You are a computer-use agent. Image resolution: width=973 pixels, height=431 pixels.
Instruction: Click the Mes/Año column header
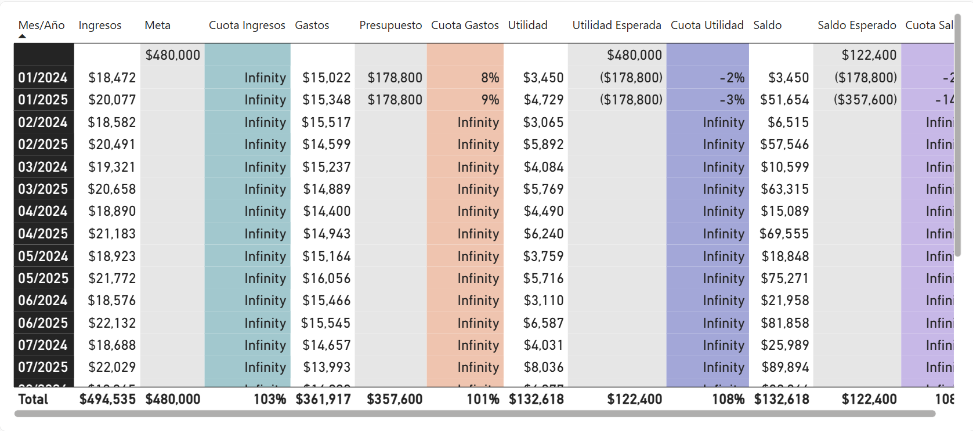[x=41, y=25]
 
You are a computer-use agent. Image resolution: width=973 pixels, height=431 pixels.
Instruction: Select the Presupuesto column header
[x=390, y=25]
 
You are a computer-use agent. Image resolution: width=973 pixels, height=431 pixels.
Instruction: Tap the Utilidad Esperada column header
[x=616, y=25]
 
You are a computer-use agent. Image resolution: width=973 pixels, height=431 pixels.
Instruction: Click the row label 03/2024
[x=43, y=167]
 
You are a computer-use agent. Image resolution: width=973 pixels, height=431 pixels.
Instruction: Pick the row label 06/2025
[x=43, y=323]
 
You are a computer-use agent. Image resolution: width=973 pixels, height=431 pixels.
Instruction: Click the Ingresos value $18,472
[x=112, y=78]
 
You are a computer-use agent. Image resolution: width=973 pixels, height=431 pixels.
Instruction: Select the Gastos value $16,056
[x=327, y=278]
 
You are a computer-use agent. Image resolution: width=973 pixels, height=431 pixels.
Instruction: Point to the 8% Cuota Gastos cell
[x=490, y=78]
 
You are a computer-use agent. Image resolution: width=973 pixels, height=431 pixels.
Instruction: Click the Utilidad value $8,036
[x=544, y=367]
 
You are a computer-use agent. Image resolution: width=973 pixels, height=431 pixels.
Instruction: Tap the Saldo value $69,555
[x=784, y=234]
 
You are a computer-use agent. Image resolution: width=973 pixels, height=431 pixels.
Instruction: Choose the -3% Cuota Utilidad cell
[x=732, y=100]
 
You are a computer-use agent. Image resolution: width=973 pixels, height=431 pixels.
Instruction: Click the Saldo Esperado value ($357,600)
[x=865, y=100]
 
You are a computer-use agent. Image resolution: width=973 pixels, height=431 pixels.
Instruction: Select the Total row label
[x=33, y=399]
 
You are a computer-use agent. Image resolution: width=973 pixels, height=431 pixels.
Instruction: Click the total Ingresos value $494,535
[x=107, y=399]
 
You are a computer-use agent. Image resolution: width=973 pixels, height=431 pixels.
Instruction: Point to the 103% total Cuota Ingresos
[x=270, y=399]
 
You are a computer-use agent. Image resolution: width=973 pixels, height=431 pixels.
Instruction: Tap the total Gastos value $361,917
[x=323, y=399]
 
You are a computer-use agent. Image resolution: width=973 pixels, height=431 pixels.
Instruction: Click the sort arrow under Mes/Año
[x=22, y=36]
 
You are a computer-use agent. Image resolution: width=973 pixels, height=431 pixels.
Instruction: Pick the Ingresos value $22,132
[x=112, y=323]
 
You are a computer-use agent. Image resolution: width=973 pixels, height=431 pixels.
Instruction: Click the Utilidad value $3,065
[x=544, y=122]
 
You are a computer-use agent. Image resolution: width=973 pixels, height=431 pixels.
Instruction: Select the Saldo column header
[x=767, y=25]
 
